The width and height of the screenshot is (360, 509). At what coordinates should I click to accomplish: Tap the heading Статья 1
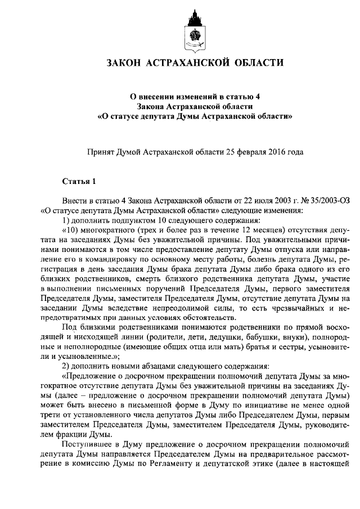coord(79,181)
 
